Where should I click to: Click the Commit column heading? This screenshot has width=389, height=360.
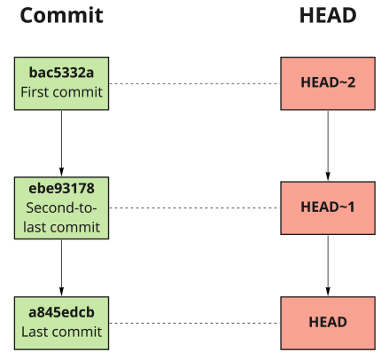(61, 17)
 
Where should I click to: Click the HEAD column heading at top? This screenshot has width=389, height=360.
(327, 17)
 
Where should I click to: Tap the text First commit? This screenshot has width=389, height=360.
(61, 93)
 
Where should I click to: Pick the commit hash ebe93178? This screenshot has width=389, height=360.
(61, 189)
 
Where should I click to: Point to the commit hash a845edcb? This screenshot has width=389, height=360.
(61, 313)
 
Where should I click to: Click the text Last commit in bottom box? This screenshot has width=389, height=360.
(61, 333)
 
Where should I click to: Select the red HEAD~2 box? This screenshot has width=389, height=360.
(328, 83)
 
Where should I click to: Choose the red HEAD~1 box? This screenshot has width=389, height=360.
(328, 207)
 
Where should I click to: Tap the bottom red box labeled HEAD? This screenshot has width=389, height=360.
(328, 323)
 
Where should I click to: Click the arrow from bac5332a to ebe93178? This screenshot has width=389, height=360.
(61, 143)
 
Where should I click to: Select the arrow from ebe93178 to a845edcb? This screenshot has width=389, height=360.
(61, 267)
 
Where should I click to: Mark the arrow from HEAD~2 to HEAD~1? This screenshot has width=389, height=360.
(328, 145)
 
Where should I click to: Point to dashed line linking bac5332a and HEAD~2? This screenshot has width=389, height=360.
(194, 83)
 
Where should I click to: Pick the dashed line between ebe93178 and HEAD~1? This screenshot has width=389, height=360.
(194, 207)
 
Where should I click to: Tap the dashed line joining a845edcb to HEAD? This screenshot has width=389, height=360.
(194, 323)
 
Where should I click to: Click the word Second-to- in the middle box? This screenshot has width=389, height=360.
(61, 208)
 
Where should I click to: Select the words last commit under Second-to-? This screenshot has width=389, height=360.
(61, 227)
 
